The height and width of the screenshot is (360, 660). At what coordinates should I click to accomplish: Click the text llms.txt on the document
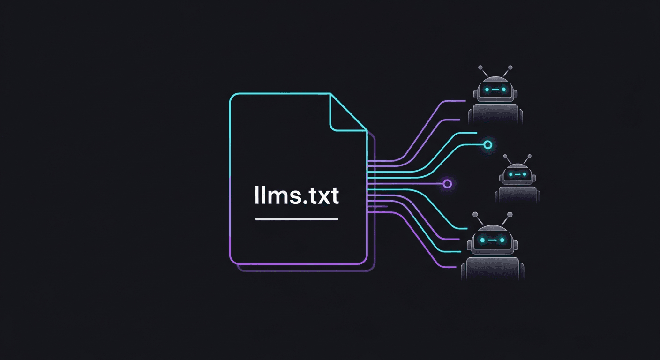pos(296,196)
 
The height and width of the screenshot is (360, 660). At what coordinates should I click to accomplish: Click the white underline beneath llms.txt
pos(296,219)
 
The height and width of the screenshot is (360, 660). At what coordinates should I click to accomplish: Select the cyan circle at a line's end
pos(487,145)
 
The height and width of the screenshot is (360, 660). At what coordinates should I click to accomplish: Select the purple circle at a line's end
pos(447,183)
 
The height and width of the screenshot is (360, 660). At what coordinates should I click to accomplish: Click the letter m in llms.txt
pos(277,197)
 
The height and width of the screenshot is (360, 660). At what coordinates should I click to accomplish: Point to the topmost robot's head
pos(495,89)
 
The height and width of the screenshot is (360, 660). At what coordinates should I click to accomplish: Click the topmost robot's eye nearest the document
pos(487,89)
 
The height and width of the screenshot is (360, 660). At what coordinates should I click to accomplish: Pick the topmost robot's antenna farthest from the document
pos(510,68)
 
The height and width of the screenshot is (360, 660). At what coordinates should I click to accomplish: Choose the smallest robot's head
pos(517,174)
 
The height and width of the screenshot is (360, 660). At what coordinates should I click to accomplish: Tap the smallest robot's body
pos(517,195)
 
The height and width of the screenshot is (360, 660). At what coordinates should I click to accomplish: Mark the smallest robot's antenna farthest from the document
pos(529,156)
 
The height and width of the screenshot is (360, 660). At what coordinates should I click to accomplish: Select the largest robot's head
pos(492,240)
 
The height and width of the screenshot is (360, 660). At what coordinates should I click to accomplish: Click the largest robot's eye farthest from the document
pos(502,240)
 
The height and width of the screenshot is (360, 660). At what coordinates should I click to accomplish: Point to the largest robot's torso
pos(492,269)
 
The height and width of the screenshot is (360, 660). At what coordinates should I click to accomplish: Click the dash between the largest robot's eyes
pos(492,240)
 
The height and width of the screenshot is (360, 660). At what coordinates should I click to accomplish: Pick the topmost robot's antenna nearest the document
pos(481,68)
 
